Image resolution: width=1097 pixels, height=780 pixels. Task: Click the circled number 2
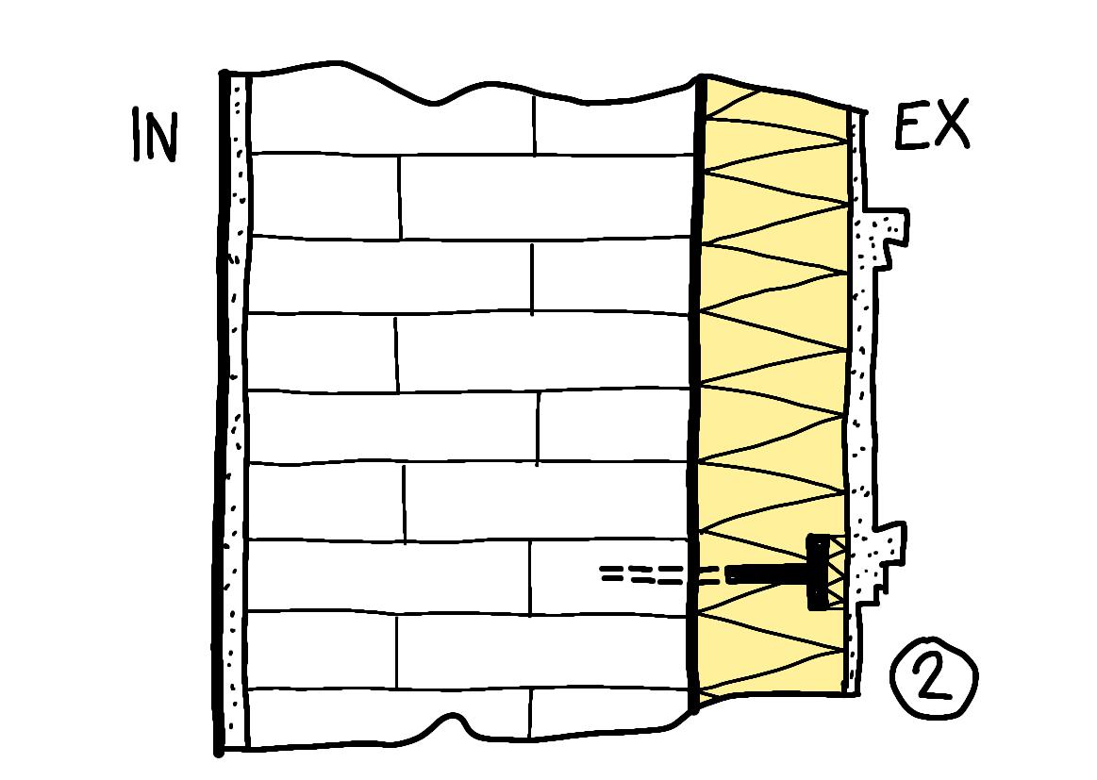click(934, 678)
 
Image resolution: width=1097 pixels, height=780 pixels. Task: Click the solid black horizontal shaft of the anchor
click(764, 573)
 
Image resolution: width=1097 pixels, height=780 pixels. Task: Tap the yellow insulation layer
click(773, 330)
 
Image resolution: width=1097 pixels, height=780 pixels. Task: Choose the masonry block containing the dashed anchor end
click(613, 574)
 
